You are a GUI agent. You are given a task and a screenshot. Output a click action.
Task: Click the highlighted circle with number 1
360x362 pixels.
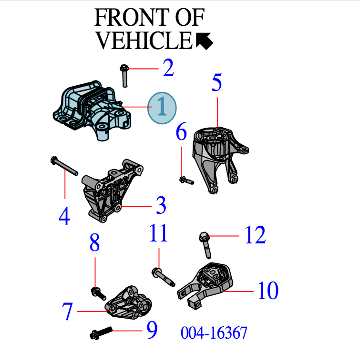coord(162,108)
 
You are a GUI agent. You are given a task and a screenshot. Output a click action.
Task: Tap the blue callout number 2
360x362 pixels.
coord(168,69)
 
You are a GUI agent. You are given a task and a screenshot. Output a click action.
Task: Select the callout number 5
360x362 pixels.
coord(217,83)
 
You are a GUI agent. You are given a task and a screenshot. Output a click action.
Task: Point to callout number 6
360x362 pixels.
coord(181,132)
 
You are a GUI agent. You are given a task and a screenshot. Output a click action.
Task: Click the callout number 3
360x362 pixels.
coord(161,206)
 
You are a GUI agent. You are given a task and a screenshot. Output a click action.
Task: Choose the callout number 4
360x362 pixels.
coord(64,217)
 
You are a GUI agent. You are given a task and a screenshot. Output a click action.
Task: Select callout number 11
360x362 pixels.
coord(158,234)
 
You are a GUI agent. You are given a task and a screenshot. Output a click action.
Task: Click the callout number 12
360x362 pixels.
coord(255,235)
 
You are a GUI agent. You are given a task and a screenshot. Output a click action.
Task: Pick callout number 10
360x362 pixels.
coord(268,291)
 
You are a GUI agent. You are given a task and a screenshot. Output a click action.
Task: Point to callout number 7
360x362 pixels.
coord(67,312)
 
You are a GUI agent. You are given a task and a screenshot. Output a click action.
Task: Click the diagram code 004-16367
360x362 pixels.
coord(214,332)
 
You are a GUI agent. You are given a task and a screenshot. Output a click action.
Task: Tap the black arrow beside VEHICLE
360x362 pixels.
coord(204,41)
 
